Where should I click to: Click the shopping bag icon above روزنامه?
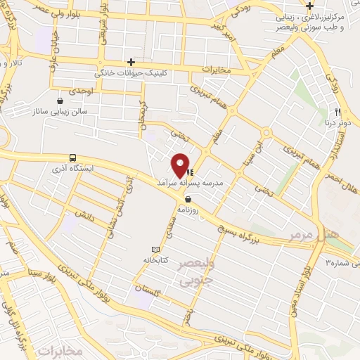pos(187,199)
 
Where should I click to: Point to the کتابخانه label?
pos(156,259)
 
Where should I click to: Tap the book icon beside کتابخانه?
pos(156,250)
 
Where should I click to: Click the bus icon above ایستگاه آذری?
pos(73,158)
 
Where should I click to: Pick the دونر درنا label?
pos(339,122)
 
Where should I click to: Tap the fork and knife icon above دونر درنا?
pos(339,112)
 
